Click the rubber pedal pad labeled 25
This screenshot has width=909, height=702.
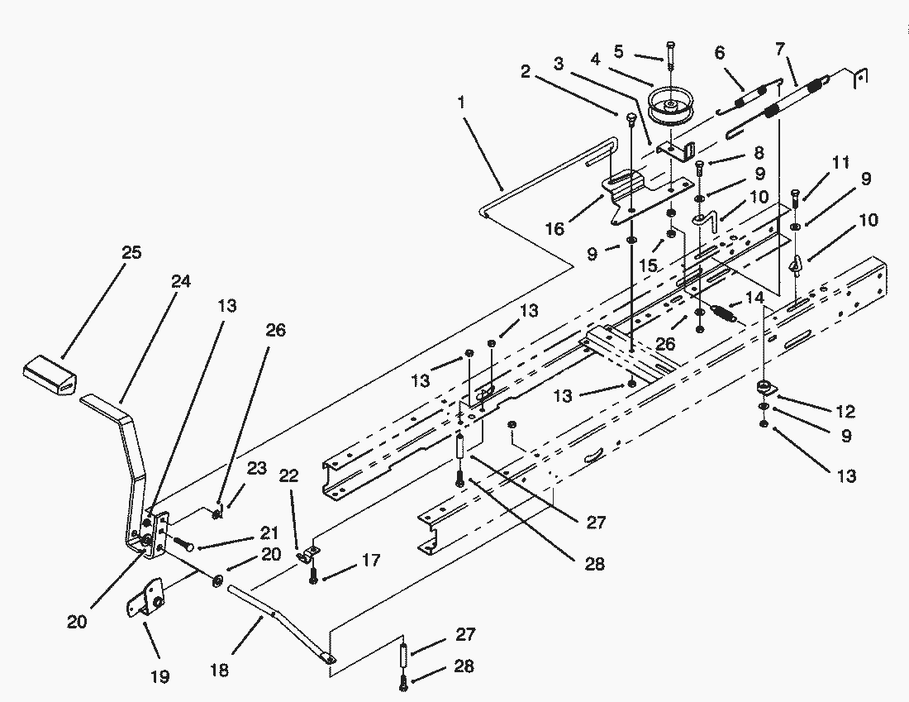tap(50, 376)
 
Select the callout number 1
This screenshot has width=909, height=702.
tap(461, 103)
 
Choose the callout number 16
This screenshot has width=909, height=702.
tap(554, 228)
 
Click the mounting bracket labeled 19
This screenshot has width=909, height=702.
tap(145, 598)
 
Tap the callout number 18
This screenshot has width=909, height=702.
tap(219, 670)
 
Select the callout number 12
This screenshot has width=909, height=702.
tap(846, 411)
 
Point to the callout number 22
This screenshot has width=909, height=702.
tap(288, 475)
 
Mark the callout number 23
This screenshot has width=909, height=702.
tap(257, 468)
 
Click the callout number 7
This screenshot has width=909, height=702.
tap(780, 49)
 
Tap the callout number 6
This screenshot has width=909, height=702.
tap(720, 53)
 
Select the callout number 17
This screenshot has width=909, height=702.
tap(370, 561)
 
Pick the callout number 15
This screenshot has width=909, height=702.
tap(648, 265)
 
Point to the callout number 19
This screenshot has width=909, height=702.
tap(160, 676)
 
